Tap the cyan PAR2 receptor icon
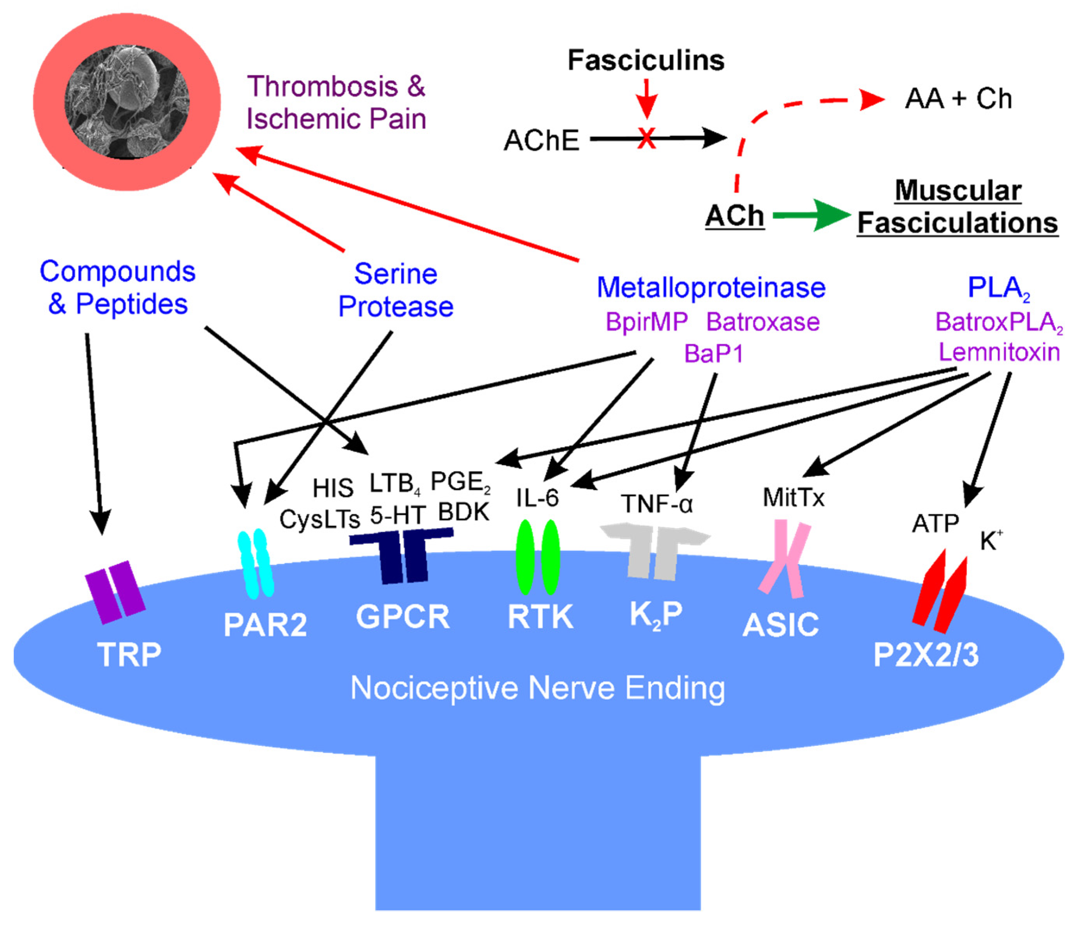pos(256,564)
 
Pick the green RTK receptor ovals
pos(538,557)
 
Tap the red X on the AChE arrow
pos(646,138)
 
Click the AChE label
pos(541,141)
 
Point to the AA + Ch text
pos(958,99)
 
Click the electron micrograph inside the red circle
pos(127,102)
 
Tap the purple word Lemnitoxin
pos(999,352)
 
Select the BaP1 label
pos(714,354)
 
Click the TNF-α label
pos(657,503)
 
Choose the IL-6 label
pos(538,498)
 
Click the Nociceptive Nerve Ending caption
pos(538,688)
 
